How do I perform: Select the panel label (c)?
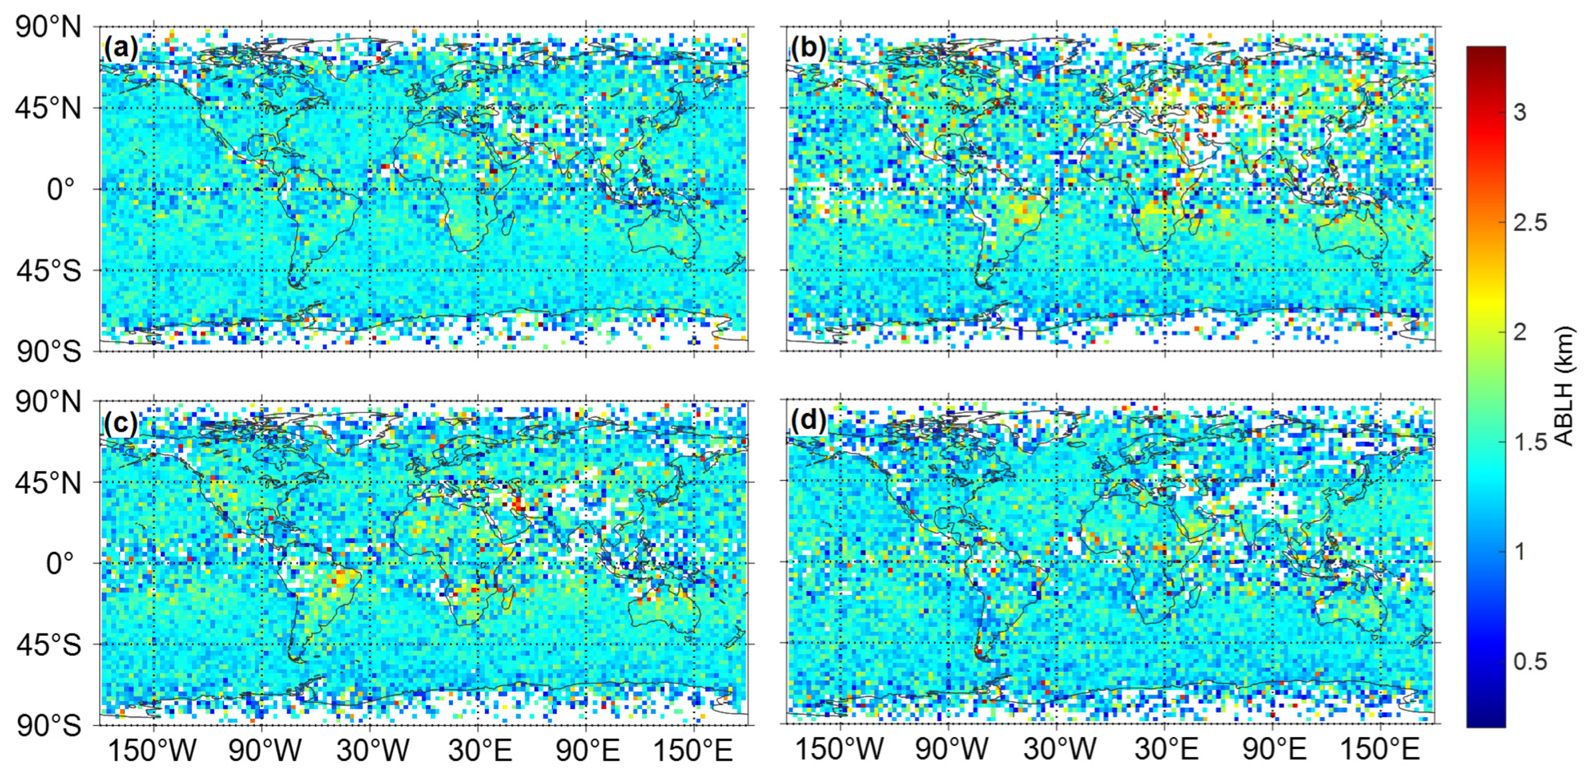pos(121,422)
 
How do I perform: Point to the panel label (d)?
pos(809,420)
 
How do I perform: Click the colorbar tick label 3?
pos(1520,113)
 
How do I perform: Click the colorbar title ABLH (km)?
pos(1565,386)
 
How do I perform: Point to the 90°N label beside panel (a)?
pos(48,27)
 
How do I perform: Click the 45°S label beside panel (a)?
pos(48,270)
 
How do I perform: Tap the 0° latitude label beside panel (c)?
pos(60,563)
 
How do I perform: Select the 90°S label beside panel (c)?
pos(48,726)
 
